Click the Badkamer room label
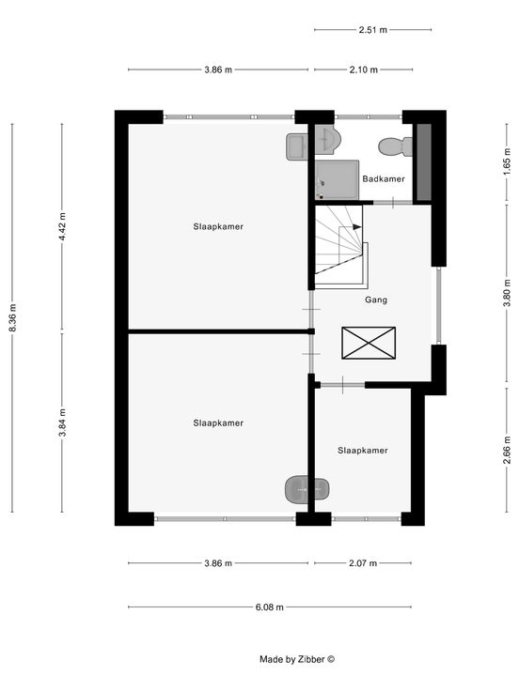coord(384,179)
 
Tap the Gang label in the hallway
coord(376,300)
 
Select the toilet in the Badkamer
coord(396,146)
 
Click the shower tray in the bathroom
coord(337,180)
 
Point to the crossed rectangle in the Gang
coord(369,343)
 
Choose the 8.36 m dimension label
coord(13,317)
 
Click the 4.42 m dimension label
coord(62,226)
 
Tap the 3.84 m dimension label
coord(63,422)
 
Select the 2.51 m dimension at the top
coord(373,30)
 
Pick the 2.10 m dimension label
coord(364,69)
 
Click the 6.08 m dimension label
coord(270,607)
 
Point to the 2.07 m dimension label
coord(363,563)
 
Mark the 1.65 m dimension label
coord(507,161)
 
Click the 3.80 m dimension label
coord(507,293)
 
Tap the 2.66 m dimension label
coord(507,450)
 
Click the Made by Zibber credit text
coord(297,660)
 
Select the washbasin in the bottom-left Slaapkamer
coord(307,489)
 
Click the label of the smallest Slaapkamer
coord(363,451)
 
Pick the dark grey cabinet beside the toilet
coord(424,162)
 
